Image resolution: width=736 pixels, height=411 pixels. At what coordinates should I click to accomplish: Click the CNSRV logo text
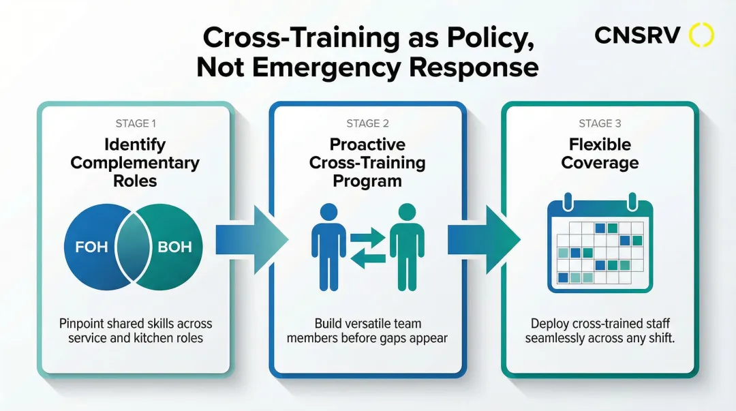point(637,35)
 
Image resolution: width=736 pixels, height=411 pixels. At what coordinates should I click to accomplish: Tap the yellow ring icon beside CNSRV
point(701,35)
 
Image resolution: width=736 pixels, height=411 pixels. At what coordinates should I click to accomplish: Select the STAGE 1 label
point(135,123)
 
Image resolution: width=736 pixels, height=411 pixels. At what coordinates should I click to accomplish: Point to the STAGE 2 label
point(367,123)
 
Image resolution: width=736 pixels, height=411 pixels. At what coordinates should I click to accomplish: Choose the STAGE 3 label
point(600,123)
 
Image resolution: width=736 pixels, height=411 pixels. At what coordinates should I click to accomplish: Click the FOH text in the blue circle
point(91,246)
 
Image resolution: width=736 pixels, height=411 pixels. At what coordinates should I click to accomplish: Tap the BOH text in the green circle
point(175,246)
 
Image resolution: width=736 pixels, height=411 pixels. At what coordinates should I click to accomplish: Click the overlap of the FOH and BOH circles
point(134,246)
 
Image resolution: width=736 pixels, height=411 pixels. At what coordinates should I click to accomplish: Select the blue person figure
point(328,246)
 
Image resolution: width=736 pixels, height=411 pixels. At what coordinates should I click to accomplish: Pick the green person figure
point(407,246)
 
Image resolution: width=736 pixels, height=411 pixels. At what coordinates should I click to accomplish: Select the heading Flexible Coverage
point(600,153)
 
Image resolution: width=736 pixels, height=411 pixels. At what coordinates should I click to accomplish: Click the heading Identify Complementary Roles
point(135,163)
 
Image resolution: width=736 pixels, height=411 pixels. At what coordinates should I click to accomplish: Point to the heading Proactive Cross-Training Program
point(367,163)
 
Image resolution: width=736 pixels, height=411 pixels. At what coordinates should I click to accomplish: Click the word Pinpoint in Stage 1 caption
point(82,323)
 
